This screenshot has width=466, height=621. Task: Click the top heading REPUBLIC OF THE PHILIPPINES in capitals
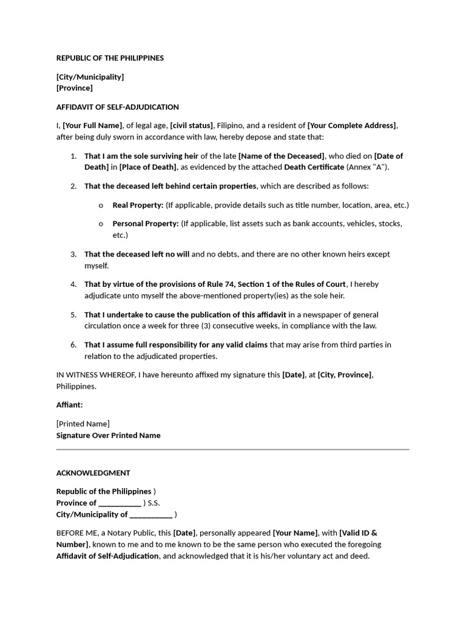point(110,58)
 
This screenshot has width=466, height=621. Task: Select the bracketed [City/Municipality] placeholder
point(90,77)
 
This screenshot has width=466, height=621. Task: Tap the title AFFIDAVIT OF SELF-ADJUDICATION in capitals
point(117,107)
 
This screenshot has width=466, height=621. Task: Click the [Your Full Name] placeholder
point(92,126)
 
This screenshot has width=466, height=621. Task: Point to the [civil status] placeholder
point(191,126)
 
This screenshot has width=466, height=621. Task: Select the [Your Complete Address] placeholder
point(352,126)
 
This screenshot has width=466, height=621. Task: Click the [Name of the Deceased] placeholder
point(282,156)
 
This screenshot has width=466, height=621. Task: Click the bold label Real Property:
point(138,205)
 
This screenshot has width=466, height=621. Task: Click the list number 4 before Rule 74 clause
point(73,284)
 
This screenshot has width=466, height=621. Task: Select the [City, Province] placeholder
point(345,375)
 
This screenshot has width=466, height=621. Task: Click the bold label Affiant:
point(70,404)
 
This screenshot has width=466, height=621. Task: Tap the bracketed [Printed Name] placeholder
point(83,424)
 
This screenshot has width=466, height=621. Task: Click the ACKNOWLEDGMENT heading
point(93,473)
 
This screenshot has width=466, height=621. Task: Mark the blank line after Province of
point(120,503)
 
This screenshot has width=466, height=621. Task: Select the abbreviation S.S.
point(154,503)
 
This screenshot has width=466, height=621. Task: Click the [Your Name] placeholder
point(295,533)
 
